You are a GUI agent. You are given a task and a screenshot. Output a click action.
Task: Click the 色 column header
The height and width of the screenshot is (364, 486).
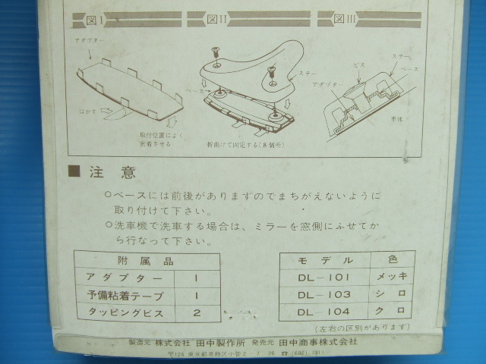392,260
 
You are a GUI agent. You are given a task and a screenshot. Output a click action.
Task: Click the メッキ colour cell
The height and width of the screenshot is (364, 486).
392,277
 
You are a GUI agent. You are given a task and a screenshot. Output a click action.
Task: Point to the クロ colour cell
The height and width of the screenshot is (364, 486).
392,312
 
